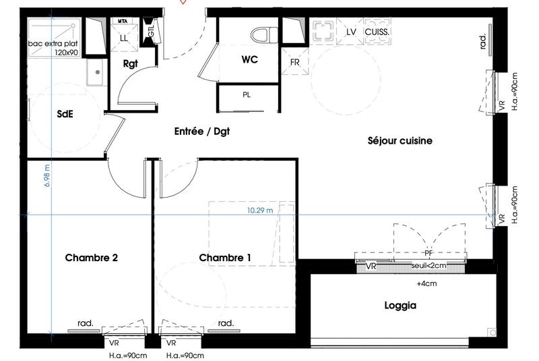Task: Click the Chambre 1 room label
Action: point(225,258)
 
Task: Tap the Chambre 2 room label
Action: point(92,258)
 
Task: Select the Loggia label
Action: point(400,306)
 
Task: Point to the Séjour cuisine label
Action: point(400,141)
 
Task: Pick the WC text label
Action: point(251,59)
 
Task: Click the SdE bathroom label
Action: point(65,114)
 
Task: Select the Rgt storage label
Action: point(131,64)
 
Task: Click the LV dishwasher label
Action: point(350,32)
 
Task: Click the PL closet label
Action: point(247,94)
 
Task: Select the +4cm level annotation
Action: point(426,283)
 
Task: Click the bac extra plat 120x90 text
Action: point(53,47)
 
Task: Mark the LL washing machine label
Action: point(123,38)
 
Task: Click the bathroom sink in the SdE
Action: point(96,70)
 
